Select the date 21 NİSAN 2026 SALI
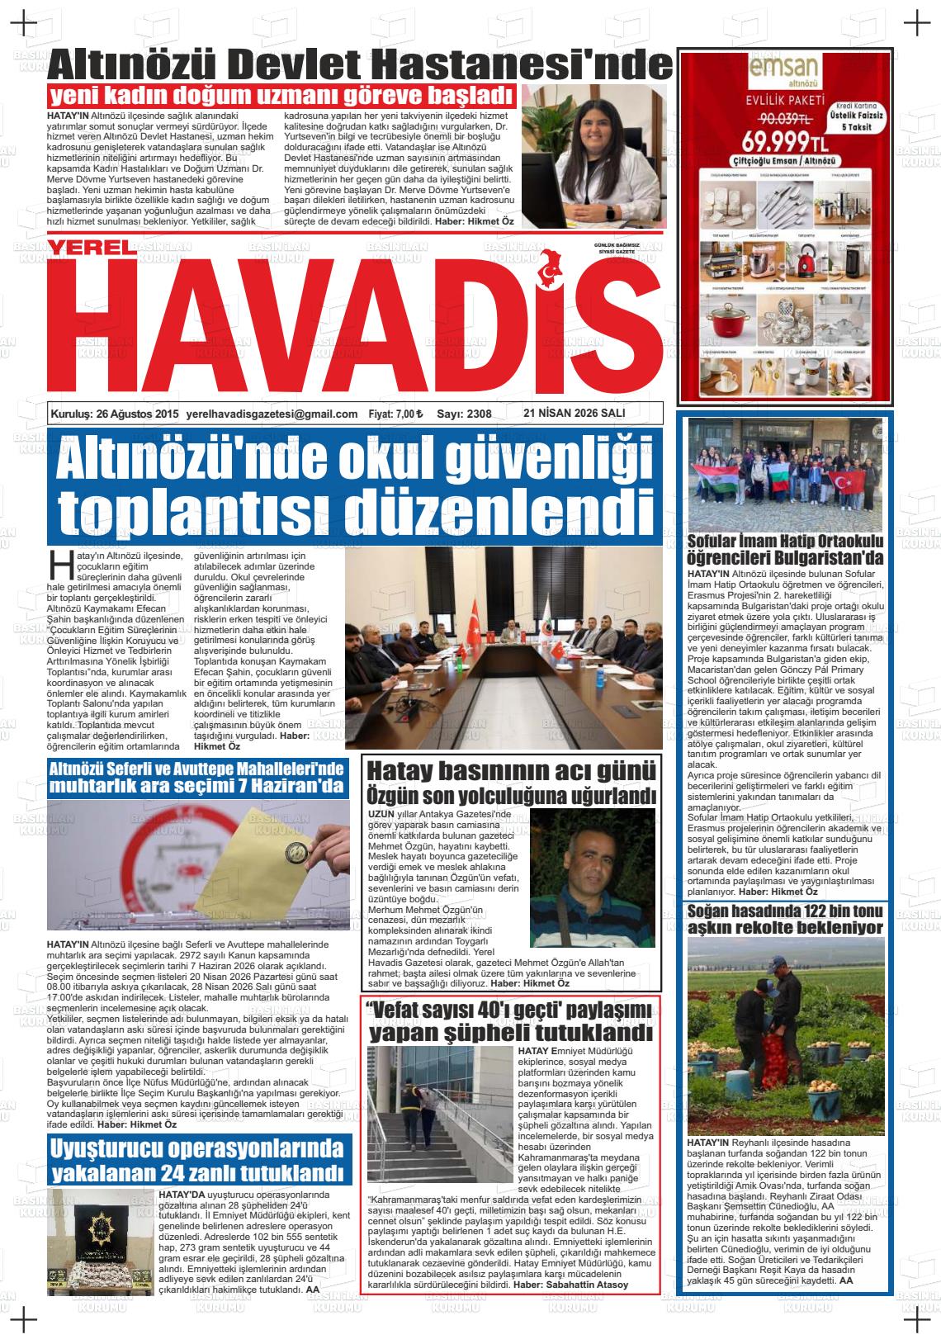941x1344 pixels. pos(575,414)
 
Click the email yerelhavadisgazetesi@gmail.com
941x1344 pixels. pos(272,414)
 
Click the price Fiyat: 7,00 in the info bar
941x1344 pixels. pos(395,414)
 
